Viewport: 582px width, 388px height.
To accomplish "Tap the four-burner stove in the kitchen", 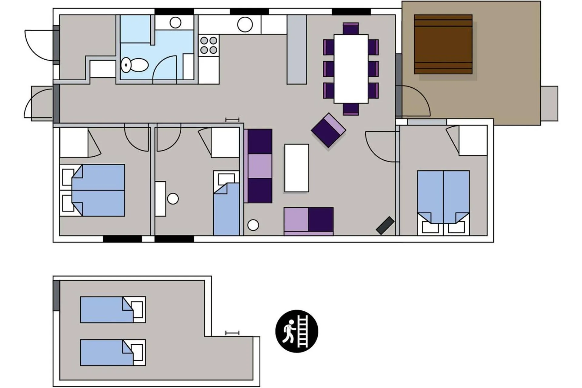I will (x=209, y=45).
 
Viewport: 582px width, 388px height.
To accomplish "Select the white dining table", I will (x=351, y=69).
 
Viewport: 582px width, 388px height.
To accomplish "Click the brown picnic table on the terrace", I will (x=443, y=44).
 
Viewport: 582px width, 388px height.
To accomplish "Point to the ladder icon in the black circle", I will (x=303, y=331).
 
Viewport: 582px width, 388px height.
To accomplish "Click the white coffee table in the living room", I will (x=296, y=168).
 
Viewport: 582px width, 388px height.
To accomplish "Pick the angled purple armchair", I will (x=328, y=130).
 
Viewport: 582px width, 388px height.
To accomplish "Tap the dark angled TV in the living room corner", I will (x=385, y=225).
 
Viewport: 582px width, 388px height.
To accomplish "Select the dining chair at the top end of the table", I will (x=351, y=29).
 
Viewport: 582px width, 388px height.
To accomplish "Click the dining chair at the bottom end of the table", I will (x=351, y=109).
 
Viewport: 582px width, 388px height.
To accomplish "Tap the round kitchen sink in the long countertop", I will (x=245, y=25).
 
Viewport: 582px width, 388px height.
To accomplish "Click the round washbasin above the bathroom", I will (x=175, y=22).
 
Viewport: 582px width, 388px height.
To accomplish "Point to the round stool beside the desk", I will (x=173, y=199).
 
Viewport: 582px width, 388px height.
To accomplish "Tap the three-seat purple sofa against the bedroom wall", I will (x=258, y=166).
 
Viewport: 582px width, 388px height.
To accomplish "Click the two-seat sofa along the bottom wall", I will (x=309, y=221).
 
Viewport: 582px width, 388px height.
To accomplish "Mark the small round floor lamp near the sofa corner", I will (x=253, y=225).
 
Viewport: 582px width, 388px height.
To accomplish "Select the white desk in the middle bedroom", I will (x=161, y=199).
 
